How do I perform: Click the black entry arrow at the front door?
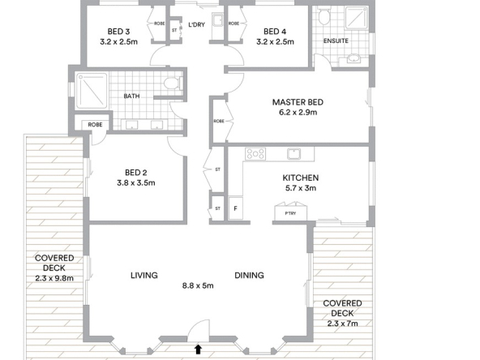click(199, 349)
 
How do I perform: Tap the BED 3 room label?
click(118, 32)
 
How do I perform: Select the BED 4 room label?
click(275, 32)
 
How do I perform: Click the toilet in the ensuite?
click(324, 16)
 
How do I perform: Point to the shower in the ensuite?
click(356, 18)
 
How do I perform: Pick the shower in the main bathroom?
click(92, 91)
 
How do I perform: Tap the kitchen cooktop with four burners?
click(255, 154)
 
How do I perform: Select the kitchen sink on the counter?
click(294, 154)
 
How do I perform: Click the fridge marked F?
click(235, 208)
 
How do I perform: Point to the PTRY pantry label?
click(290, 213)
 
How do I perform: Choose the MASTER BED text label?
click(298, 102)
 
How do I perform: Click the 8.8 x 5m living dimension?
click(198, 285)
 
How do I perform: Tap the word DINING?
click(249, 275)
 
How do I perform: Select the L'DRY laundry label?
click(196, 24)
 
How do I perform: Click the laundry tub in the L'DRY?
click(218, 23)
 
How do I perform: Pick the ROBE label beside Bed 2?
click(95, 125)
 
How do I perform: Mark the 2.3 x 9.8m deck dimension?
click(54, 278)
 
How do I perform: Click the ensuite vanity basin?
click(354, 58)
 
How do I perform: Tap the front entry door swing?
click(199, 330)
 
